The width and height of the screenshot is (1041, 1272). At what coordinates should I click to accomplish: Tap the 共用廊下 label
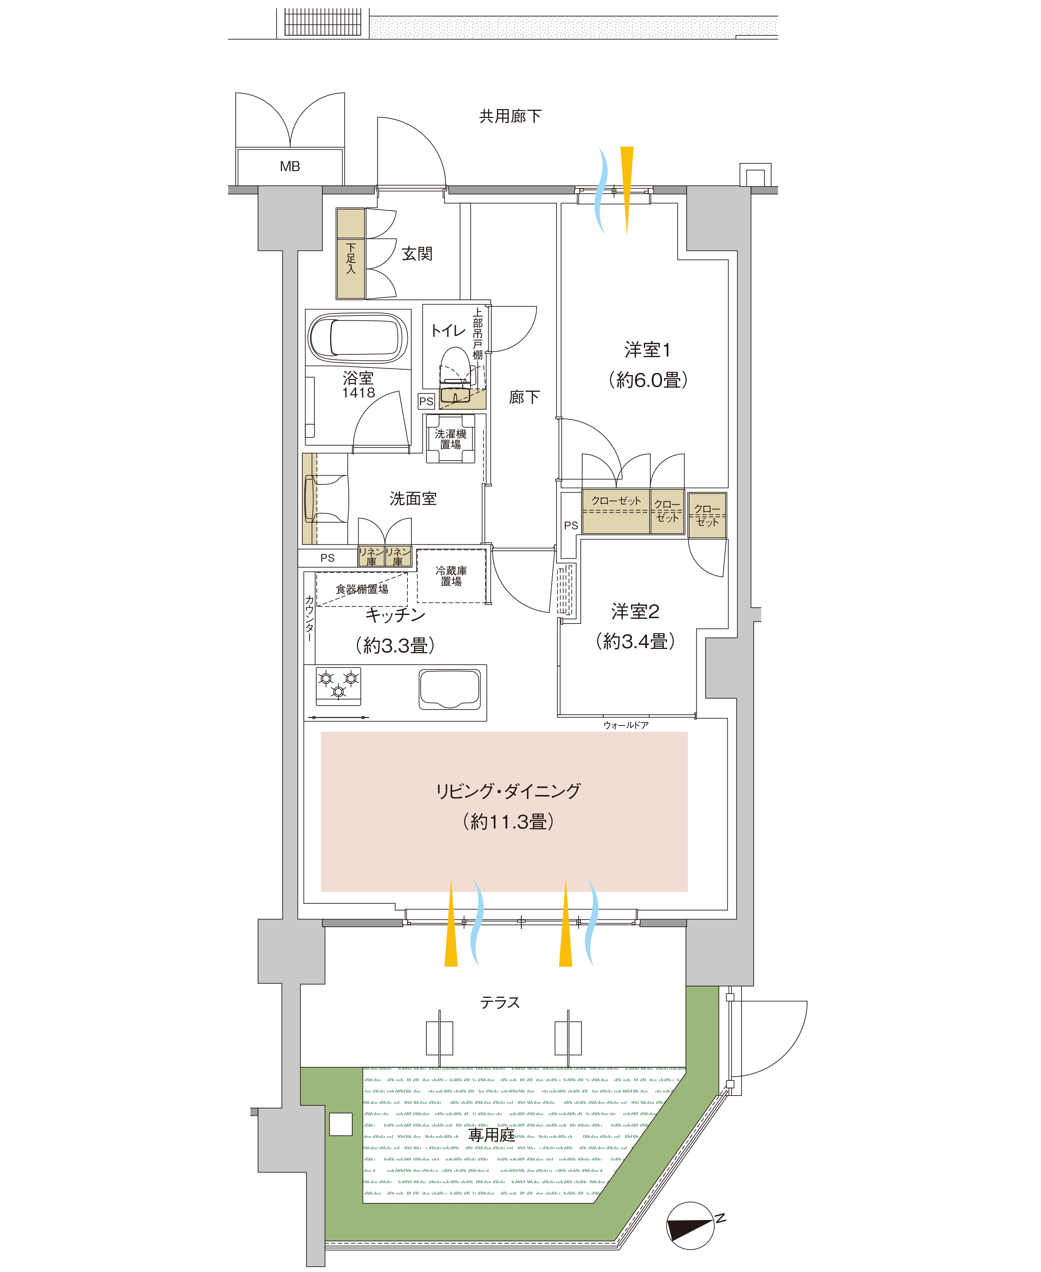coord(510,116)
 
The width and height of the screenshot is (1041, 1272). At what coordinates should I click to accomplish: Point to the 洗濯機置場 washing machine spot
coord(450,438)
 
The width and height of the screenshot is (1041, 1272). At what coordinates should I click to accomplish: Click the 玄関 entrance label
coord(417,254)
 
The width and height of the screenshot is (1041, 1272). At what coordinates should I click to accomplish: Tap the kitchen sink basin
coord(450,688)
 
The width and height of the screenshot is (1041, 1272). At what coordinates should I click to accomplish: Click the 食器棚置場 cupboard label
coord(361,589)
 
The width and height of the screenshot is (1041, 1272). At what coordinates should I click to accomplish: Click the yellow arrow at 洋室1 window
coord(627,190)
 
